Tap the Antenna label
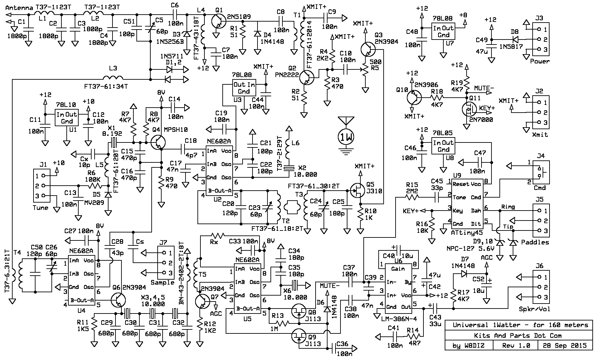(19, 8)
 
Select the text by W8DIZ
(468, 346)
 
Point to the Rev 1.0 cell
(515, 345)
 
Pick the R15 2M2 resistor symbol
(413, 197)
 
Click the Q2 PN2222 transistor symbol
(306, 77)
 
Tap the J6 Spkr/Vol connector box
(541, 287)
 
